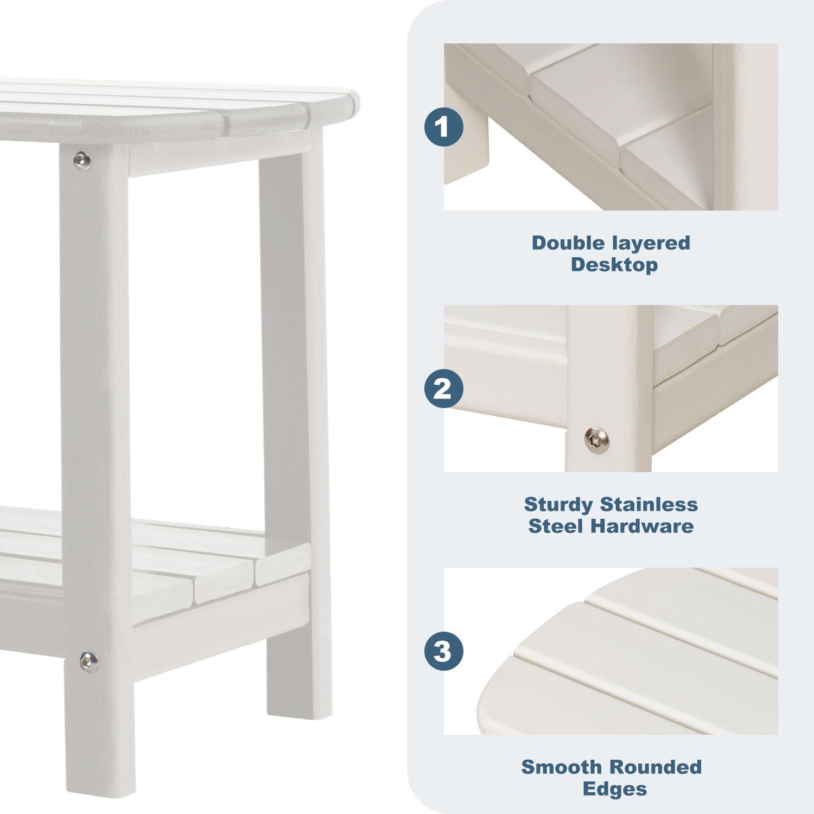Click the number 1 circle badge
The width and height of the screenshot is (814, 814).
click(443, 128)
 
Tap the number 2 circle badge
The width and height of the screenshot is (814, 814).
click(443, 389)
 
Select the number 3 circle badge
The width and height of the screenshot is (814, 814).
click(443, 651)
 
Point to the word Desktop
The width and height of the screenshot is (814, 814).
click(614, 265)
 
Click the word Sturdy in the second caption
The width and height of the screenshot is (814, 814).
click(558, 505)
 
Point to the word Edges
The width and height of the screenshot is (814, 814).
click(614, 788)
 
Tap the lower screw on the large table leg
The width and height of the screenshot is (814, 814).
click(87, 660)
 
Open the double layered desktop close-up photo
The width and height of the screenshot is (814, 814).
click(610, 127)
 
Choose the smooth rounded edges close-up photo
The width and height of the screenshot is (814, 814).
click(610, 651)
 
